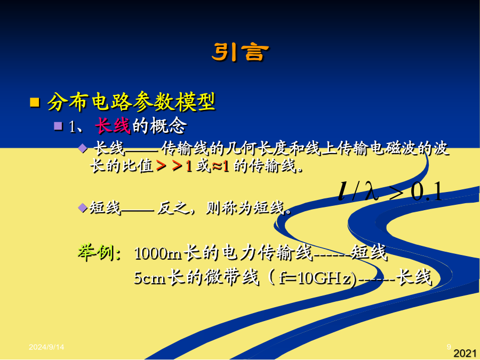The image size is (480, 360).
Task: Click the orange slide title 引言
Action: tap(241, 52)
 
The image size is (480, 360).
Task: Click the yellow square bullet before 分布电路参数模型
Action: tap(35, 102)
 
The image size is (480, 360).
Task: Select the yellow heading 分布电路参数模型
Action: tap(132, 102)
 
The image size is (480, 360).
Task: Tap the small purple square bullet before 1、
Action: tap(58, 126)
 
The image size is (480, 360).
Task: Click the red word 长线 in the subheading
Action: tap(113, 125)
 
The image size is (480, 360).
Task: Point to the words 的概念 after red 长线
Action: tap(159, 125)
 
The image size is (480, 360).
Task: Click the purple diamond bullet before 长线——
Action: tap(83, 148)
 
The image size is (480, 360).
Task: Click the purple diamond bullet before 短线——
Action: tap(83, 208)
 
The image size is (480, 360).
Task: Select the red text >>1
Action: tap(174, 166)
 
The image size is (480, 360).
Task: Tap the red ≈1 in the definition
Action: tap(220, 166)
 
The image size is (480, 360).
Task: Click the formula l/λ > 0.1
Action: tap(390, 191)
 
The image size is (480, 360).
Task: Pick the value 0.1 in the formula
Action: tap(427, 191)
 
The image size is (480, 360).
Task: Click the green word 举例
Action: tap(99, 253)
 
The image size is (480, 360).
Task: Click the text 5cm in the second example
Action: tap(150, 278)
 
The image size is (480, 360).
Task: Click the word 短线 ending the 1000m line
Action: tap(369, 253)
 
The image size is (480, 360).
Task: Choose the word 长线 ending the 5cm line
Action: tap(414, 277)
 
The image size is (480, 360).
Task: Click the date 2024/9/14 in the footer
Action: tap(46, 347)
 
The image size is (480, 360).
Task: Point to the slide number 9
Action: tap(449, 347)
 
